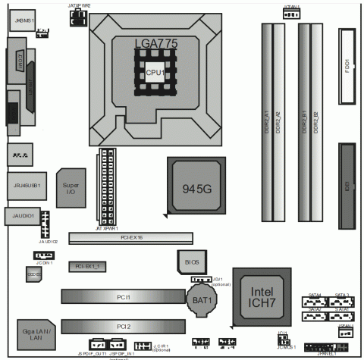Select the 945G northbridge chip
196,186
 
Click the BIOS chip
192,261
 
